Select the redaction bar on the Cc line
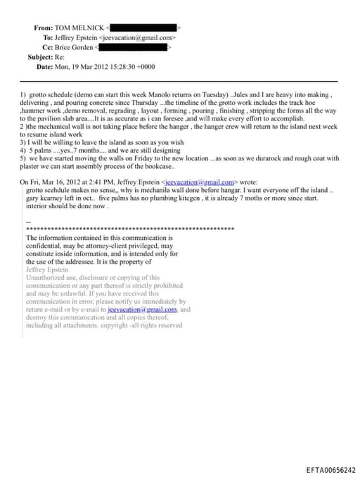tap(134, 47)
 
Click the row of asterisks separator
tap(129, 229)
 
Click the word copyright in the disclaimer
tap(111, 326)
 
